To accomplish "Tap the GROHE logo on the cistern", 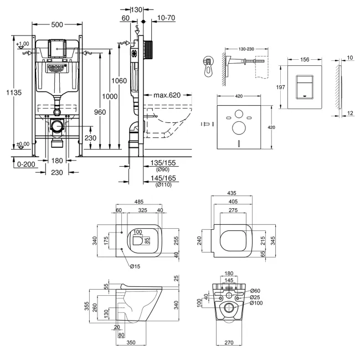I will [56, 68].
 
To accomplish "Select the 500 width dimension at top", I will [56, 24].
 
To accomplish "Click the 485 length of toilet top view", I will [141, 202].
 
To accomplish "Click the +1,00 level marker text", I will [23, 44].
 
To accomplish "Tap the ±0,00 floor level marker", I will [23, 144].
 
